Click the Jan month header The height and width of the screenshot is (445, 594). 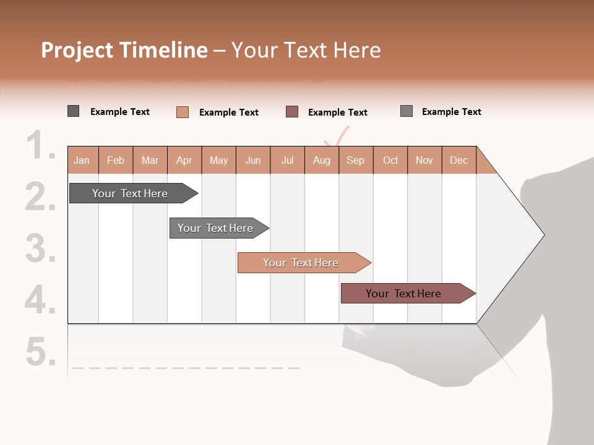[x=82, y=160]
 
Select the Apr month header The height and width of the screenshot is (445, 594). [x=184, y=160]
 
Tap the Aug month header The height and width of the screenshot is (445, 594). [x=321, y=160]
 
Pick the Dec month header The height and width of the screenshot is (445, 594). [x=458, y=160]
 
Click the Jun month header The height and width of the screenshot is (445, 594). [x=253, y=160]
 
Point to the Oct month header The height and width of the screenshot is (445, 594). [x=390, y=160]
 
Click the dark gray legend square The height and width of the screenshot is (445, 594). [x=73, y=111]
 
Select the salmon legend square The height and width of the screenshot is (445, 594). [x=182, y=112]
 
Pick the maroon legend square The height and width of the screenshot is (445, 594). [x=292, y=111]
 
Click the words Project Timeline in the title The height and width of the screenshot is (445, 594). [x=124, y=50]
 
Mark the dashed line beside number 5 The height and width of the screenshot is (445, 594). [x=186, y=368]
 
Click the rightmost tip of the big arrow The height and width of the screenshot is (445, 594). [x=543, y=234]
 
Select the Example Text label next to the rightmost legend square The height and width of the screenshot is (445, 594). [x=451, y=111]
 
